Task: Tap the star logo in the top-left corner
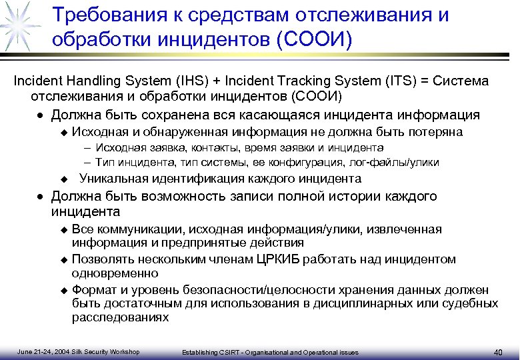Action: pos(18,25)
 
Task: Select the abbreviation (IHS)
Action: pos(189,81)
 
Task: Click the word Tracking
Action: pos(295,81)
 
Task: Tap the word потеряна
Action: pos(436,132)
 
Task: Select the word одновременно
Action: pos(115,273)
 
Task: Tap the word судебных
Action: pos(467,303)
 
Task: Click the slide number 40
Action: pos(498,352)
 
